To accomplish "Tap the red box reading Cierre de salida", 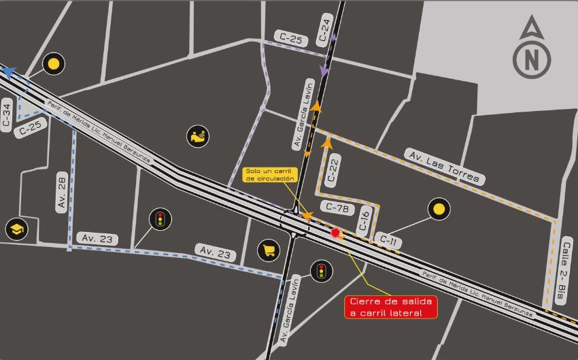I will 391,307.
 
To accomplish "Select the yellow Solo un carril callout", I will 271,174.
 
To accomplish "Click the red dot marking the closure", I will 335,233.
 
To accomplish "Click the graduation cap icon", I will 16,229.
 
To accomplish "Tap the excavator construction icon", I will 197,136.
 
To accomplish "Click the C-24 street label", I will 325,31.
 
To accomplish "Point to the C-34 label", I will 7,116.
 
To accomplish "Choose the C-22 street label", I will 333,169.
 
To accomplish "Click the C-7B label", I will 337,208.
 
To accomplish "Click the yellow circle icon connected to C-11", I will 439,210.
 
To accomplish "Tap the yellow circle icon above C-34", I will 53,65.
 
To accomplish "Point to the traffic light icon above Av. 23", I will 160,219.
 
